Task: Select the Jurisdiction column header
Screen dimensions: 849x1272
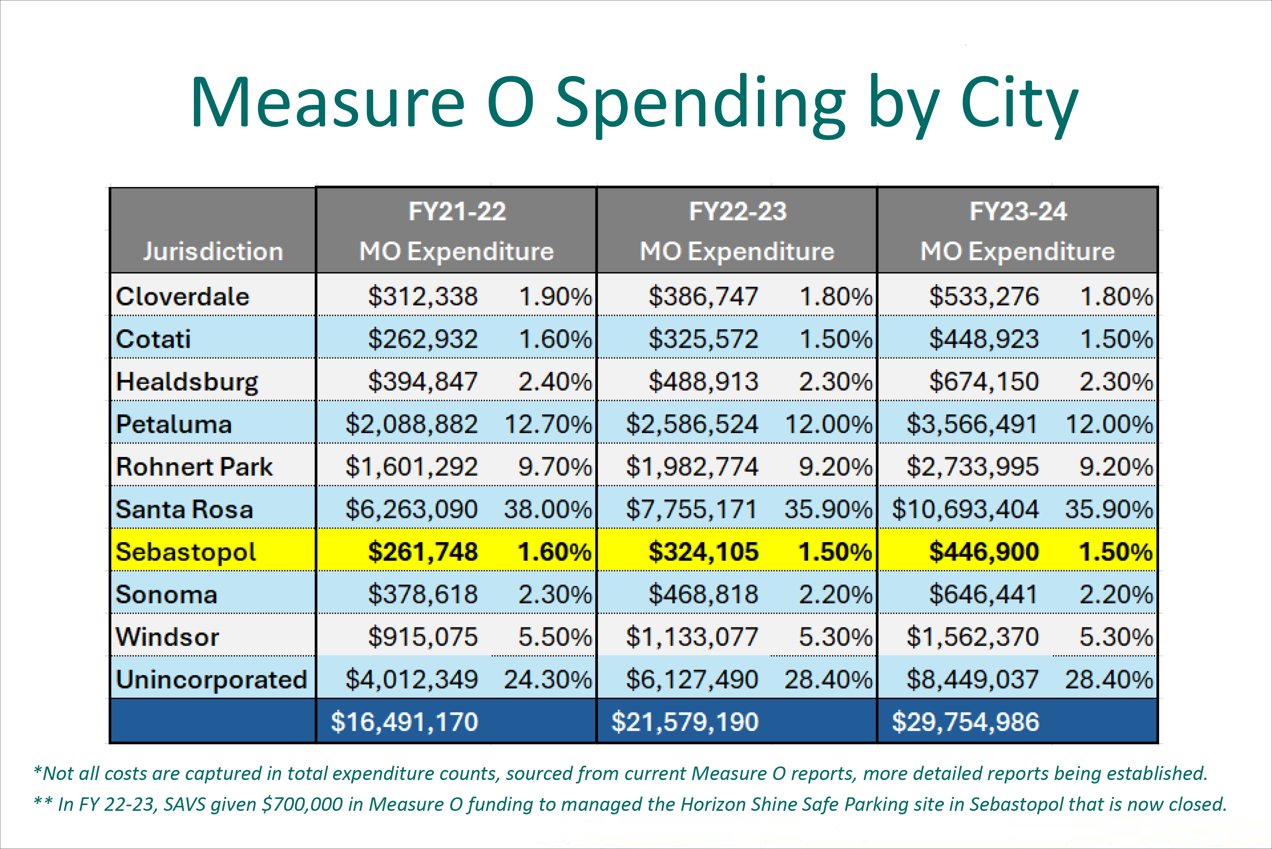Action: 213,252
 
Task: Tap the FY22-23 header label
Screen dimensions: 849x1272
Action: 737,211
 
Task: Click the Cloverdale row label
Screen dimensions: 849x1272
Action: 182,297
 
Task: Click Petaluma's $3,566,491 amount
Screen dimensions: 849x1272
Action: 973,424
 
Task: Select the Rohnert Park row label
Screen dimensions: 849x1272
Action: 194,467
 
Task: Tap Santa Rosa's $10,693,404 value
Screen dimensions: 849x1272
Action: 966,509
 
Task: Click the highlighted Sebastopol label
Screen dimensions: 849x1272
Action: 186,552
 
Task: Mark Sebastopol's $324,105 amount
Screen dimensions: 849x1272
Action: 704,552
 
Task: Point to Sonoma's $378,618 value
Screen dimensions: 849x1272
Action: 423,595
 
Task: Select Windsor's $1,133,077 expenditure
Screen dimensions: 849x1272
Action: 692,637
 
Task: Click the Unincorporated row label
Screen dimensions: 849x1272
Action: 212,679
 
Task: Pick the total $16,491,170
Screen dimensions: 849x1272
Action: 404,722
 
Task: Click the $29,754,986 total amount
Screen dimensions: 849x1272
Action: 966,722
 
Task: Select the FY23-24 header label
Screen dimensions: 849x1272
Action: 1018,211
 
